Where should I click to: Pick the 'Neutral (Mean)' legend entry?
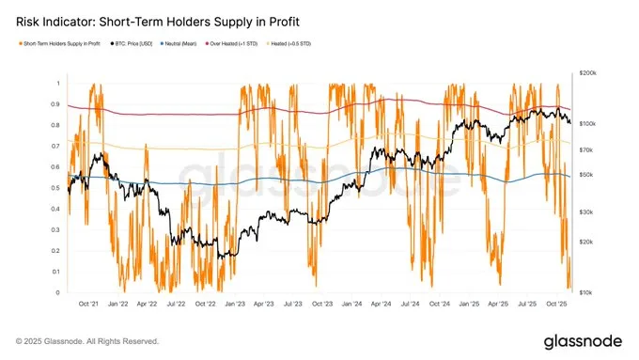tap(185, 43)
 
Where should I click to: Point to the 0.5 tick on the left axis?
tap(55, 188)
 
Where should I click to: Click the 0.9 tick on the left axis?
tap(55, 103)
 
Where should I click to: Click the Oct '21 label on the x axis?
tap(90, 305)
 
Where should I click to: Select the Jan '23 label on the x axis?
tap(236, 305)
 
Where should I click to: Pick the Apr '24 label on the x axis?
tap(381, 305)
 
